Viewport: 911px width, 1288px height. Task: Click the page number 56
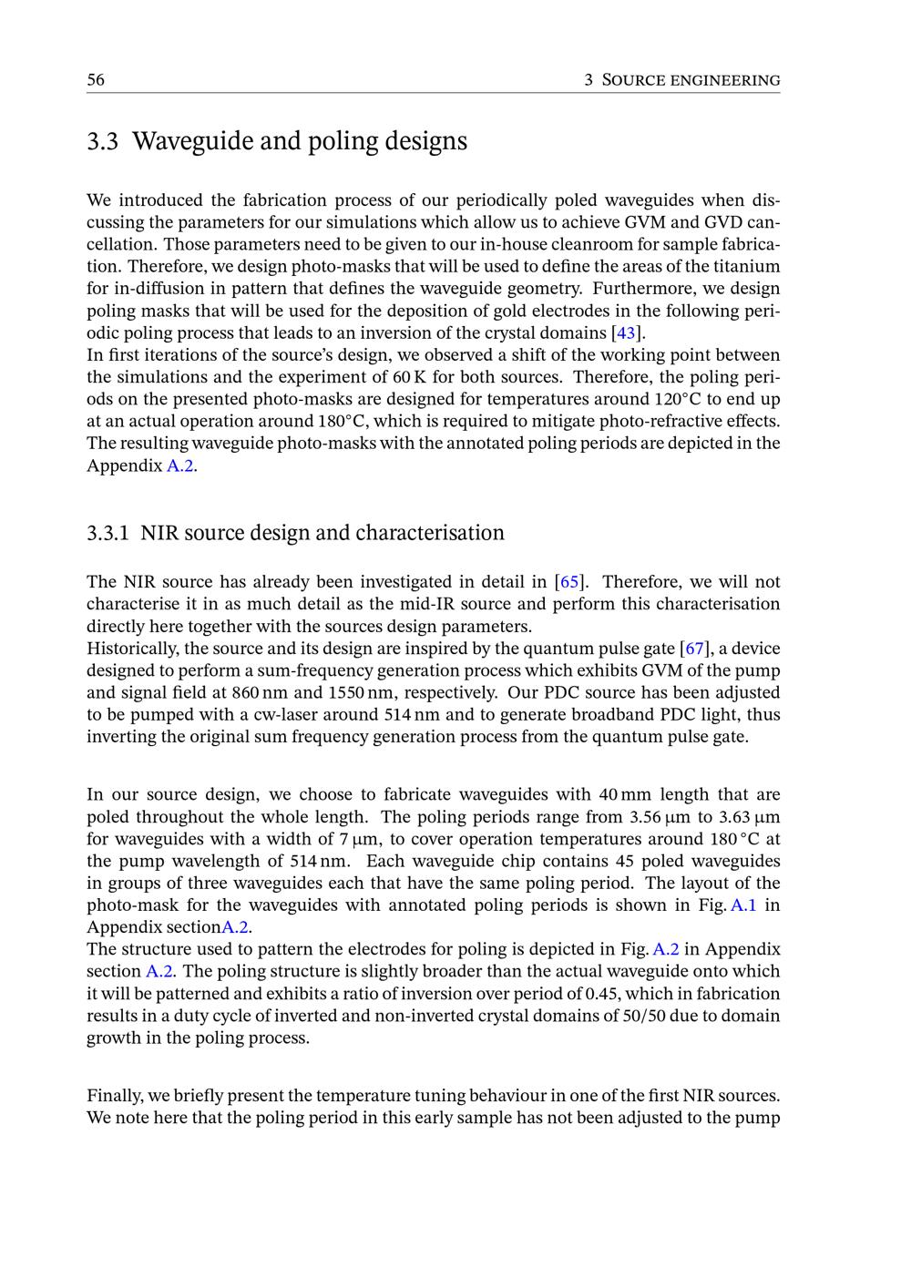96,80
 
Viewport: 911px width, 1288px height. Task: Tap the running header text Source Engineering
691,80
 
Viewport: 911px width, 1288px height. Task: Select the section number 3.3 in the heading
102,141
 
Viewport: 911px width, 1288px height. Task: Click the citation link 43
626,332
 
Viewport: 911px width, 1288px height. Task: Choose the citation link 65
568,582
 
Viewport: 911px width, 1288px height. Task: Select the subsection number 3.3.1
107,533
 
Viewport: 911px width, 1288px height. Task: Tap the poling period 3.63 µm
750,817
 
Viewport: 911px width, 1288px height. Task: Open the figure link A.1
743,905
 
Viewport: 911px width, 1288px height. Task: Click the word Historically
128,649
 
